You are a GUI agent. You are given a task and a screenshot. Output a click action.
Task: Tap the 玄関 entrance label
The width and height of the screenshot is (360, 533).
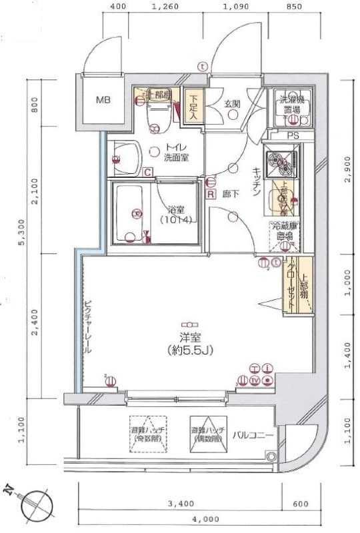pyautogui.click(x=232, y=103)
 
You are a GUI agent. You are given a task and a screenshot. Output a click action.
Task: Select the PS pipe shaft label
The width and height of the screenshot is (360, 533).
pyautogui.click(x=293, y=136)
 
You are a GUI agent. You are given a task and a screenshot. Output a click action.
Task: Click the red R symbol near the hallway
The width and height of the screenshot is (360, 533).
pyautogui.click(x=211, y=195)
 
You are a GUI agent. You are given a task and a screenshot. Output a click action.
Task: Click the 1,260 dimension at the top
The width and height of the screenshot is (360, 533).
pyautogui.click(x=165, y=8)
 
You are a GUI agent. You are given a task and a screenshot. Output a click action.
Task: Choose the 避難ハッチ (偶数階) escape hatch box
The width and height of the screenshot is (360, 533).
pyautogui.click(x=208, y=434)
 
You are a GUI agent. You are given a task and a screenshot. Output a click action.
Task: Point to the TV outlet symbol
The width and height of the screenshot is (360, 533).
pyautogui.click(x=255, y=380)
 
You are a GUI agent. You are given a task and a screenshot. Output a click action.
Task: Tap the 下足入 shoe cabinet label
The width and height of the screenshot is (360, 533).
pyautogui.click(x=194, y=107)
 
